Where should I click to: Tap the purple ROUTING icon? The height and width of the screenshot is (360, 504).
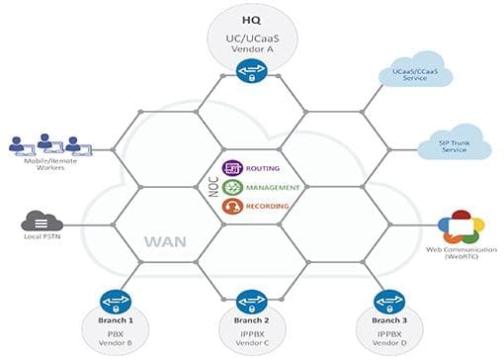[232, 168]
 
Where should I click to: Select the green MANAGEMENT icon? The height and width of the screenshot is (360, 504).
[232, 187]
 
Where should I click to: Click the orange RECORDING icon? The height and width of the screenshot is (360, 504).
[232, 206]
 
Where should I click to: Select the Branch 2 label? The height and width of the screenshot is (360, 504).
[250, 321]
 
